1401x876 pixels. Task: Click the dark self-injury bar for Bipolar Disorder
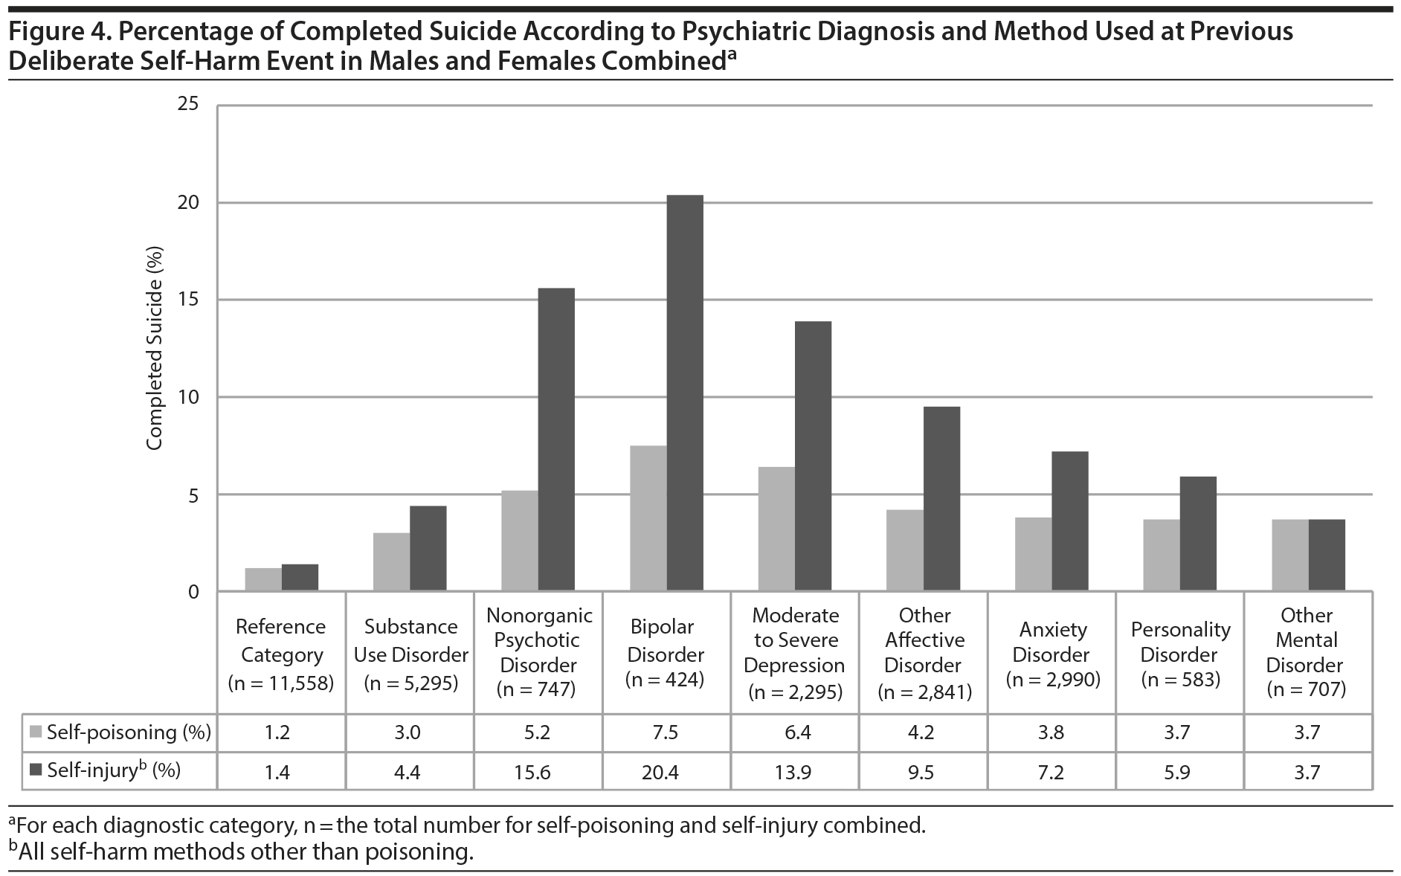coord(685,393)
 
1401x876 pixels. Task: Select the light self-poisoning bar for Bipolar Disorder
coord(648,518)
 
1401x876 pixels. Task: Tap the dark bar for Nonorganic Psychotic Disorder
coord(556,439)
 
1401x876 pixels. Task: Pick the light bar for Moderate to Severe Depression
coord(776,529)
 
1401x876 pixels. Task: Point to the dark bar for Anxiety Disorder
coord(1070,521)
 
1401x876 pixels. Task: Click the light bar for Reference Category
coord(263,579)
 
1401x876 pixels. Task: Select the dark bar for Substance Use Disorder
coord(428,549)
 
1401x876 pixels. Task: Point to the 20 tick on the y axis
coord(189,203)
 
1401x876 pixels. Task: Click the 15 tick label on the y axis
coord(189,300)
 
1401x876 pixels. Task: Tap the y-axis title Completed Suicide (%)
coord(154,349)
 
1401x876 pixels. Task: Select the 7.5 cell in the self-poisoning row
coord(665,733)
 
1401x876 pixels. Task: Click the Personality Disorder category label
coord(1180,642)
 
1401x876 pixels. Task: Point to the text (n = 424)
coord(665,679)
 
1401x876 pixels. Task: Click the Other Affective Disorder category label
coord(924,640)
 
